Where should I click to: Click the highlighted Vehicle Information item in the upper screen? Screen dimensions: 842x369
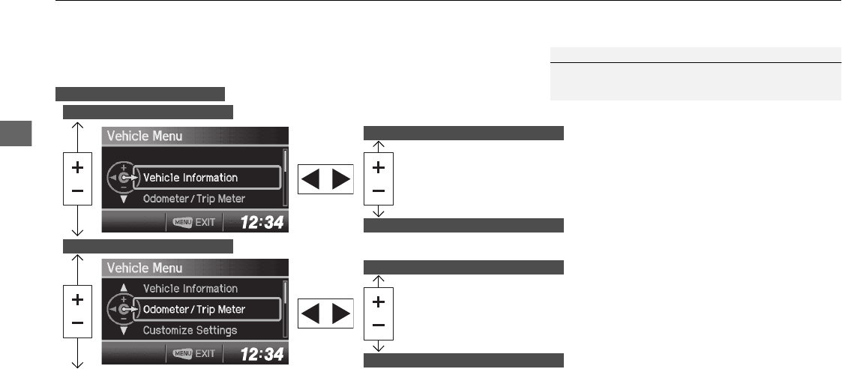tap(190, 178)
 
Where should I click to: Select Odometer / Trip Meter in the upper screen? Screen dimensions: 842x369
tap(194, 199)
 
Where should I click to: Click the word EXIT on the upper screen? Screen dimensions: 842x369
tap(205, 223)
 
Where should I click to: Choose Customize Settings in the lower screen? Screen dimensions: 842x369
tap(190, 330)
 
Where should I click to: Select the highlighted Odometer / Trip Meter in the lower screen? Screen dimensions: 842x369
tap(194, 309)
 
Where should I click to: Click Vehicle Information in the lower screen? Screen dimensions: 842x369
tap(190, 289)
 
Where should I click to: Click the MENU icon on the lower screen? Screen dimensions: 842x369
tap(181, 353)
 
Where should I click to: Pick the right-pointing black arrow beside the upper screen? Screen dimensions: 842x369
tap(340, 178)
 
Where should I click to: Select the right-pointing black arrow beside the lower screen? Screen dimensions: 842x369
tap(340, 310)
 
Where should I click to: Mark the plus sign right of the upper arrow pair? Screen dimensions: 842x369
tap(379, 168)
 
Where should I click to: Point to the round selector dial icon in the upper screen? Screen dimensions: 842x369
tap(122, 178)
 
